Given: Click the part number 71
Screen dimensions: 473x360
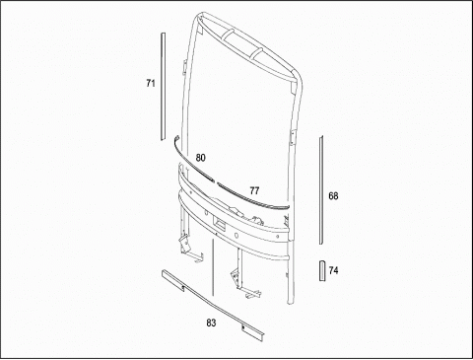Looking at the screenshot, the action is (151, 84).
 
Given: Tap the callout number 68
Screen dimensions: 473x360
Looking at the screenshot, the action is (333, 196).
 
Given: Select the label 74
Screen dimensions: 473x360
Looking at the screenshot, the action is (333, 270).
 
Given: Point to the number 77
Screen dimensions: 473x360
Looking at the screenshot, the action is (254, 190).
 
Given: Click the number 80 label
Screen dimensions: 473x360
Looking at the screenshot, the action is (200, 158).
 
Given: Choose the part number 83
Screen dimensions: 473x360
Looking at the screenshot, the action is (211, 324).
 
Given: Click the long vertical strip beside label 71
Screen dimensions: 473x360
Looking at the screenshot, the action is (163, 87).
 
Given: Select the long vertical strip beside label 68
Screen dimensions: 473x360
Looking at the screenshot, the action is (321, 190).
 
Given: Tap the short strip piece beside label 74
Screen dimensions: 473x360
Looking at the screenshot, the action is (322, 271).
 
